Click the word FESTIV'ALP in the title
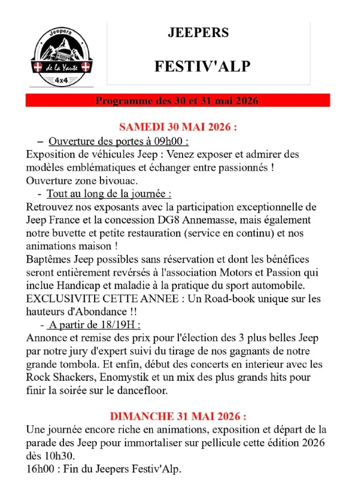(203, 67)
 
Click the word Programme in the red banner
(122, 101)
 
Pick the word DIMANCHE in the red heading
(140, 417)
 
